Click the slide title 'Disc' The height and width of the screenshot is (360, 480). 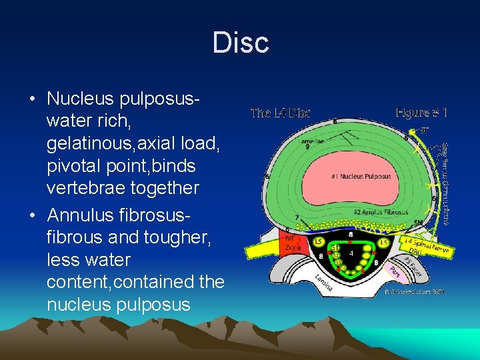(240, 43)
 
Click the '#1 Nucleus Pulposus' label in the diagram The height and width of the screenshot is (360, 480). (361, 176)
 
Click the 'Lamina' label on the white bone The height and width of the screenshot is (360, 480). (325, 283)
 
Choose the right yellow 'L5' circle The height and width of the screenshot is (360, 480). (384, 241)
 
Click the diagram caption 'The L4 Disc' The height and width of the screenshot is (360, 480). (280, 113)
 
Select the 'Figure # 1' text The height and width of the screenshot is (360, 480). (421, 113)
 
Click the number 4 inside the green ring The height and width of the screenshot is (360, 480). (351, 253)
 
